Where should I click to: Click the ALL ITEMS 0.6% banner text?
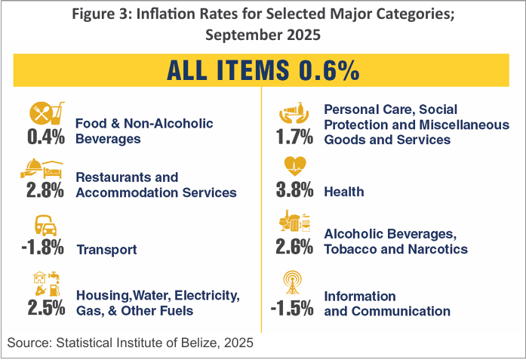263,70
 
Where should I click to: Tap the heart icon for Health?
294,165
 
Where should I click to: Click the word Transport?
107,250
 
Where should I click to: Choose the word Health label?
344,192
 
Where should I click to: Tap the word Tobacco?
349,250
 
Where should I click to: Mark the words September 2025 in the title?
263,35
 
